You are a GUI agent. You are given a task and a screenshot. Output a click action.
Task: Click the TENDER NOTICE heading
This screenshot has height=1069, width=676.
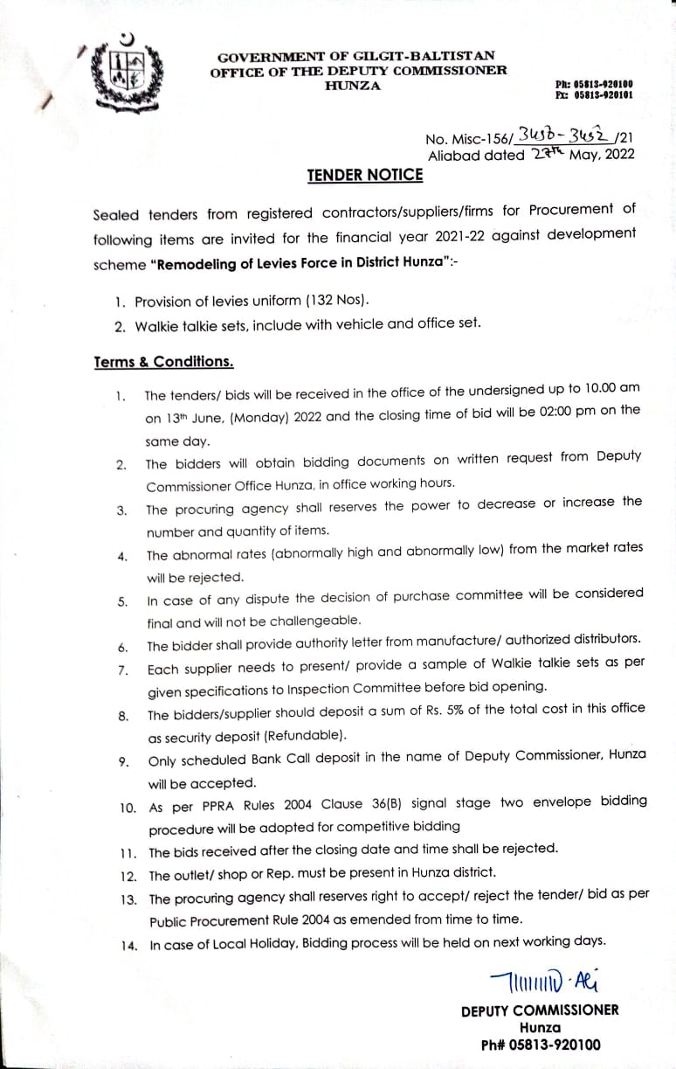click(364, 175)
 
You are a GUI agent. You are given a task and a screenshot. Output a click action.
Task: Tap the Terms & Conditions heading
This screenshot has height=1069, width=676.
click(163, 361)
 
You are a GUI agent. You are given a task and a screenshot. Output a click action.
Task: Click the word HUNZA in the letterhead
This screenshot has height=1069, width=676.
click(352, 86)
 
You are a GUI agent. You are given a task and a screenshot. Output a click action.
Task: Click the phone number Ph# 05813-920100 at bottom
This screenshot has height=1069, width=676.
click(541, 1045)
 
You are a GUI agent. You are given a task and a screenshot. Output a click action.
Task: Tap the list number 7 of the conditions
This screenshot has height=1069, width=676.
click(123, 670)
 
